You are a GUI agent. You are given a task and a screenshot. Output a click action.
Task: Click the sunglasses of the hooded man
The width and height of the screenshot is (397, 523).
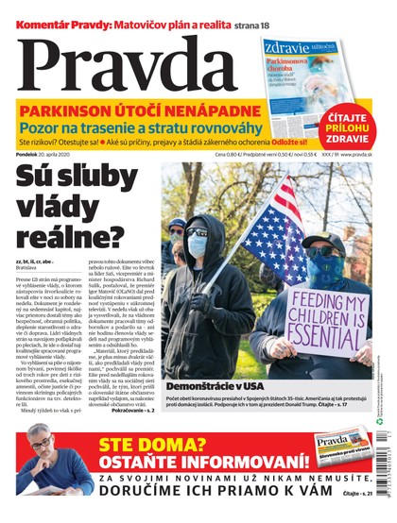196,231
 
